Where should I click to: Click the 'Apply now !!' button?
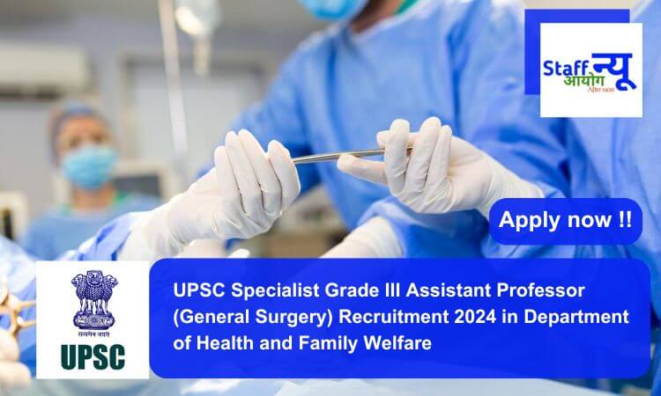pyautogui.click(x=565, y=221)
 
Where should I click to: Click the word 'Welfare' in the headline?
pyautogui.click(x=400, y=342)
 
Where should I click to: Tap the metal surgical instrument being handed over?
pyautogui.click(x=340, y=157)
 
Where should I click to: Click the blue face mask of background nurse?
pyautogui.click(x=89, y=165)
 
